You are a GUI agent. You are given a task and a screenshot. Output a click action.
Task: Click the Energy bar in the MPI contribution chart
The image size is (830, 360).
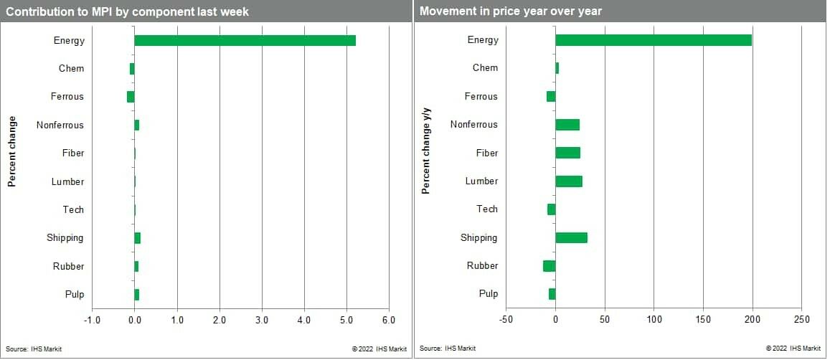244,40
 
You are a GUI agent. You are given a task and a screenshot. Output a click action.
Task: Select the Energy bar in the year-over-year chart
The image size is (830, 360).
653,40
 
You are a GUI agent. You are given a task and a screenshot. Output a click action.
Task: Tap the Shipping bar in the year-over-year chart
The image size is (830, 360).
571,238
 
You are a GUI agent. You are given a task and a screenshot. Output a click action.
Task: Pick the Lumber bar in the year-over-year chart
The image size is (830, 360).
568,181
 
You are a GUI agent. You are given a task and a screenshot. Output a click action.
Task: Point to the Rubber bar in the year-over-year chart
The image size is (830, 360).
550,266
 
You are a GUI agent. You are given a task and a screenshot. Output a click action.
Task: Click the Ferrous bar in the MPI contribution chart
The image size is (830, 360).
131,97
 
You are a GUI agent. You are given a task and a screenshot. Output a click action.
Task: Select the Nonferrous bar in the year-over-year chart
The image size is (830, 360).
567,125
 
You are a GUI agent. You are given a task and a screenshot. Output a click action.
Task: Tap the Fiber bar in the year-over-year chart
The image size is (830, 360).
567,153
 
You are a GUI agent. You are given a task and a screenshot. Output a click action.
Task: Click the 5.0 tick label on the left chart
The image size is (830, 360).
346,320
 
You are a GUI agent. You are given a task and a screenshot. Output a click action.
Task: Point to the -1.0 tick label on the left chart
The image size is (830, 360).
92,320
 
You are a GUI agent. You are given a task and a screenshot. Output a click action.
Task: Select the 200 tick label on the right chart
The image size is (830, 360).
753,319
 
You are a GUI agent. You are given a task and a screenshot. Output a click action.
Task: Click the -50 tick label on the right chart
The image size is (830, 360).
506,319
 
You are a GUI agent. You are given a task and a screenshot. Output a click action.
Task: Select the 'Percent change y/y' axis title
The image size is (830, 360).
425,149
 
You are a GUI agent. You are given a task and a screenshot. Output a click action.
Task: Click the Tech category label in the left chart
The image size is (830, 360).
73,210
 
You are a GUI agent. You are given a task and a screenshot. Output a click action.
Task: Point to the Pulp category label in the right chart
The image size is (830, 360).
489,294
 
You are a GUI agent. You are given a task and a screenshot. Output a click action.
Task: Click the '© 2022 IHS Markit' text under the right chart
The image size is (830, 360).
793,349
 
